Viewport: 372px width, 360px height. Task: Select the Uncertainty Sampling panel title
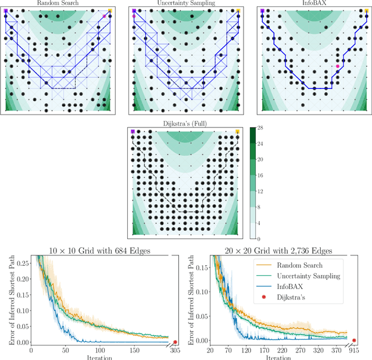tap(185, 3)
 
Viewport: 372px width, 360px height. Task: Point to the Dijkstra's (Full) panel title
tap(185, 123)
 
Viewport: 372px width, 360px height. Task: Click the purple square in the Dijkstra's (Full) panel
tap(133, 132)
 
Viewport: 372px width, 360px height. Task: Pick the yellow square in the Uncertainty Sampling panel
tap(238, 10)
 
